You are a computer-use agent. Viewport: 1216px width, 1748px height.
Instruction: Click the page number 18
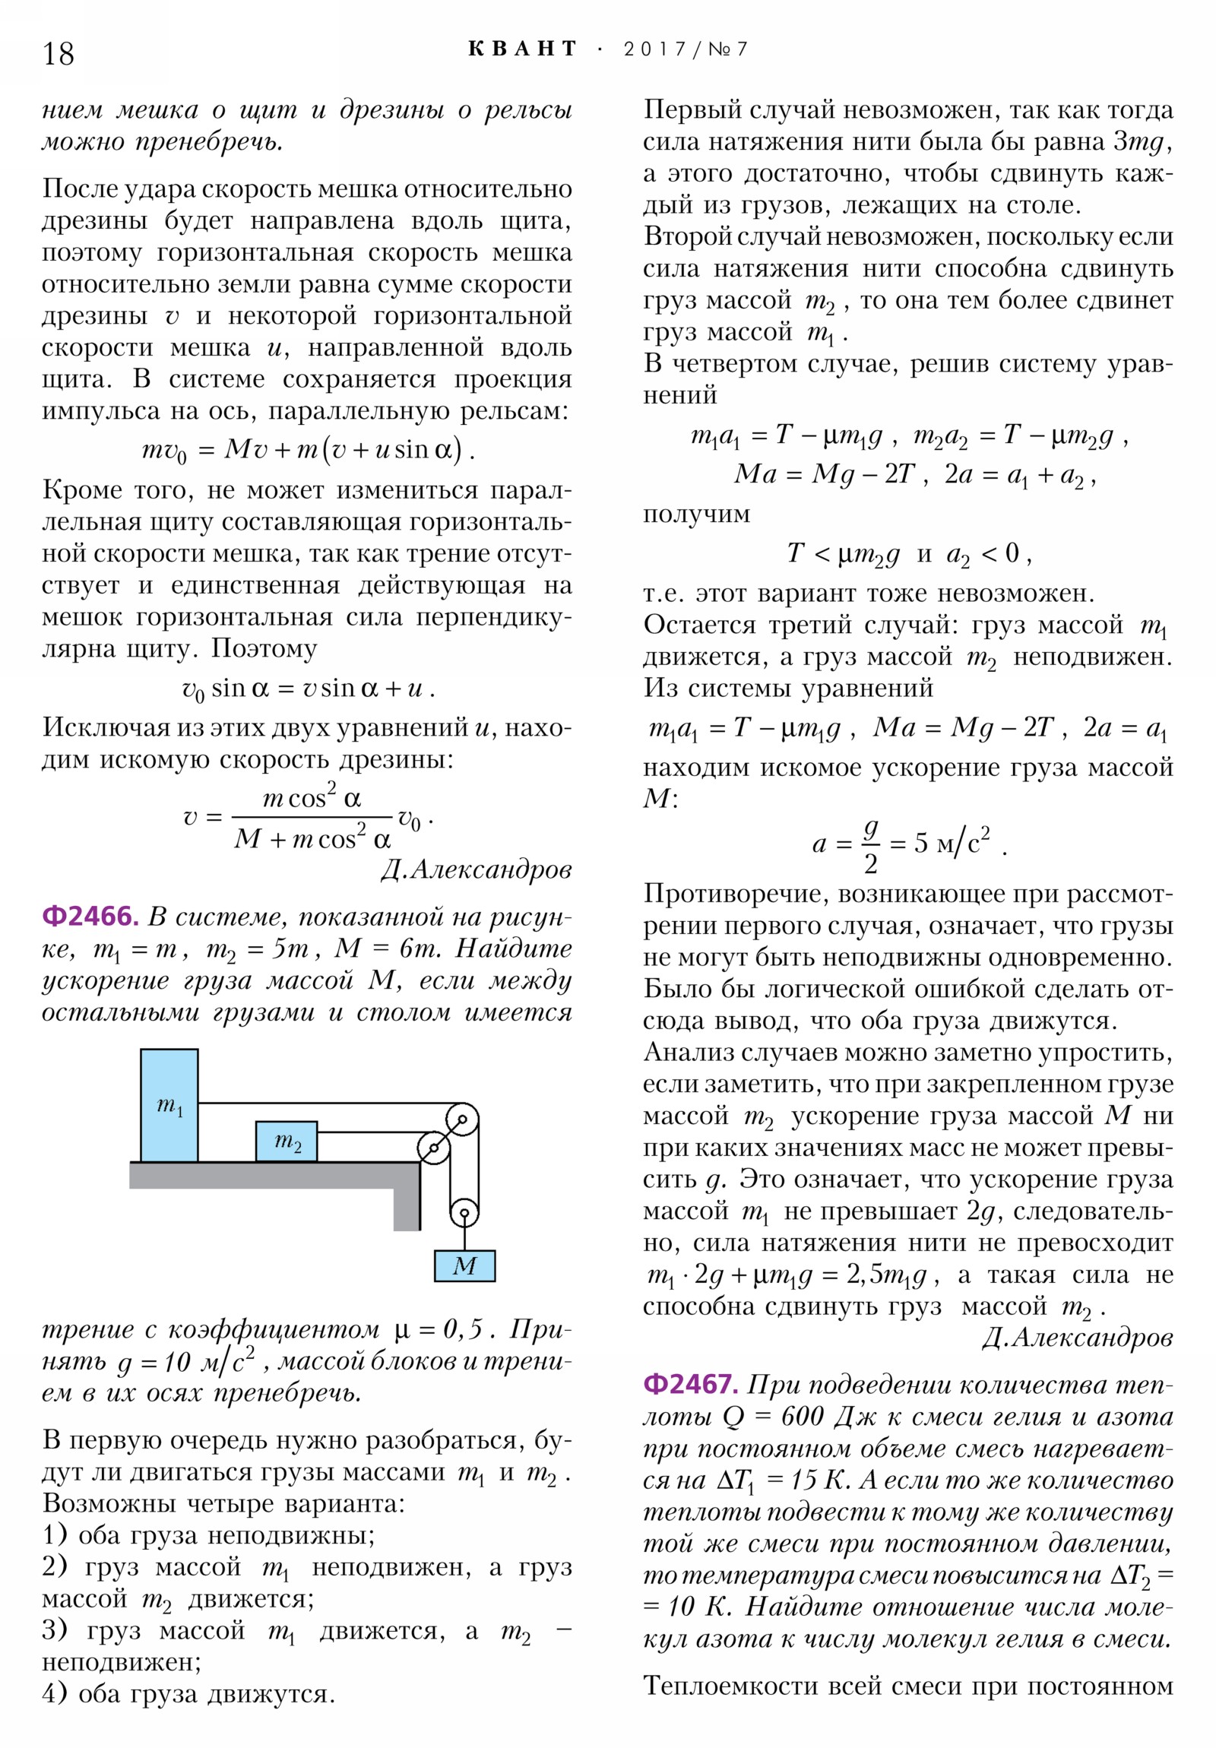click(58, 54)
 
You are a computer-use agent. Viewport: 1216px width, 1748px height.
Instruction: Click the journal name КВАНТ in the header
click(522, 49)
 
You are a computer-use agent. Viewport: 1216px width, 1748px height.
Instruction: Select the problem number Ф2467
click(690, 1384)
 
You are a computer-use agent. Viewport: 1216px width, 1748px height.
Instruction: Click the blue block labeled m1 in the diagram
click(169, 1106)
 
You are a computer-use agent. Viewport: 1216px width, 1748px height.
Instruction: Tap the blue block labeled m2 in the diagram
click(287, 1142)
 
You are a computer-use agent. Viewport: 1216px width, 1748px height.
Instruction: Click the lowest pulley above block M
click(464, 1213)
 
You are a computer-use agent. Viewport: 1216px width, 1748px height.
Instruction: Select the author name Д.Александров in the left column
click(476, 870)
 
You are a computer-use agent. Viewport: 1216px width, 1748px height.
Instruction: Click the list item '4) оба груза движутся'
click(188, 1694)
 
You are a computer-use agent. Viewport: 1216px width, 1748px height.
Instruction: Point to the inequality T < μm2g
click(843, 553)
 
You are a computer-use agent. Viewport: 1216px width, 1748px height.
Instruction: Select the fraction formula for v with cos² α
click(309, 819)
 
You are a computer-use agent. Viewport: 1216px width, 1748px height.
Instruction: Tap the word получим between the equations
click(696, 514)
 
